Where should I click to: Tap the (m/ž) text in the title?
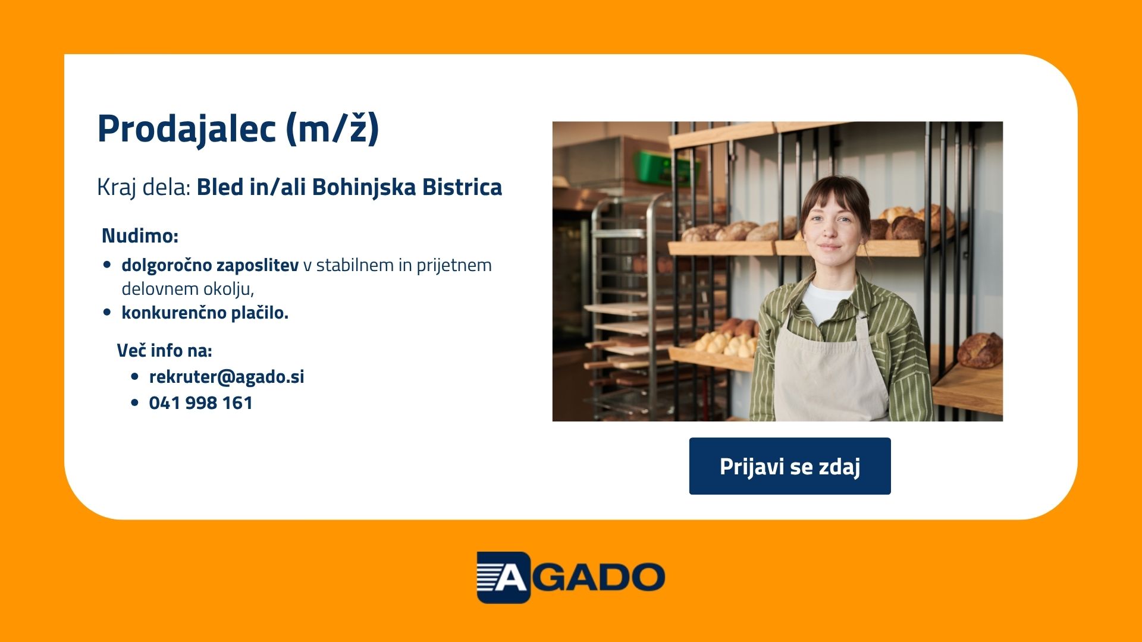tap(332, 128)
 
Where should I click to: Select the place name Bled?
tap(221, 187)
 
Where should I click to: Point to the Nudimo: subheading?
tap(140, 235)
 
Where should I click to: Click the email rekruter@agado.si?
tap(227, 377)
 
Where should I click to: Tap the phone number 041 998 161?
tap(201, 403)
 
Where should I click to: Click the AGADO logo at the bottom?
tap(571, 577)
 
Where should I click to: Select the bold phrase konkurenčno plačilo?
tap(205, 313)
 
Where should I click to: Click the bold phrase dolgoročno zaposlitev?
tap(210, 265)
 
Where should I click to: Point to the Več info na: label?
tap(164, 351)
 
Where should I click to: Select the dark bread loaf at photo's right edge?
tap(980, 350)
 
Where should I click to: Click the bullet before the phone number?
tap(134, 403)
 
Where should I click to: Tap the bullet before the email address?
tap(134, 377)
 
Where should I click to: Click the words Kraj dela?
tap(143, 187)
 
